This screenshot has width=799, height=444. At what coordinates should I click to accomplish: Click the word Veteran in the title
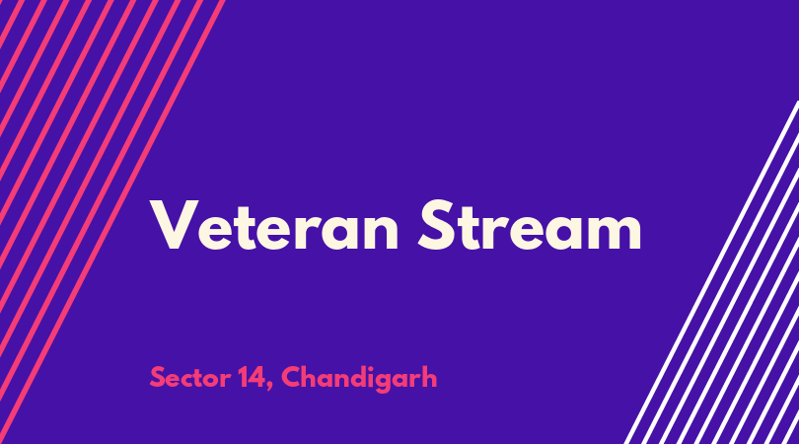[274, 225]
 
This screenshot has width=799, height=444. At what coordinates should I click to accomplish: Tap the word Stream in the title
[530, 225]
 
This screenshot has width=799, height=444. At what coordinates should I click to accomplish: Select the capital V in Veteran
[174, 225]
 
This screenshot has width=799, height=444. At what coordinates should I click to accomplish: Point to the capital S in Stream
[436, 225]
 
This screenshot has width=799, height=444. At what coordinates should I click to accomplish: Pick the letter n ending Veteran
[381, 232]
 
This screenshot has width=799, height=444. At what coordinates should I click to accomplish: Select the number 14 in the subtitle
[252, 377]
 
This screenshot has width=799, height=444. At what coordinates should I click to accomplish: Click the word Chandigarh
[359, 378]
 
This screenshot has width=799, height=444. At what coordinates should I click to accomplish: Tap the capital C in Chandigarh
[291, 377]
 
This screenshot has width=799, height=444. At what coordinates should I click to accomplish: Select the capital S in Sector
[158, 377]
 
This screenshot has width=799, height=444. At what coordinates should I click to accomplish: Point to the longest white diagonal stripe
[711, 272]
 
